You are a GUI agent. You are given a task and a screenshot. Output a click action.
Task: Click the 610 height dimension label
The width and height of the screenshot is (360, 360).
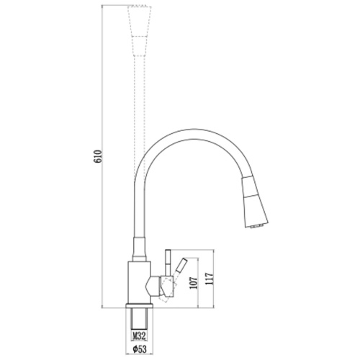point(99,156)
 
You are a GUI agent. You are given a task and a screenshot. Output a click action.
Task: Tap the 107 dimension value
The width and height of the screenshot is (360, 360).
point(194,283)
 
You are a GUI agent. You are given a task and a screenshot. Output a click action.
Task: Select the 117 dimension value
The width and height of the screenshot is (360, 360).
point(209,279)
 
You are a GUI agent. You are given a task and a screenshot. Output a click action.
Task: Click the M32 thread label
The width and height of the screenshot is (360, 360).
point(140,336)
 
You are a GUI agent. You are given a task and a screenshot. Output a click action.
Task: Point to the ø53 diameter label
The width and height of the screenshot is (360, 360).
point(140,349)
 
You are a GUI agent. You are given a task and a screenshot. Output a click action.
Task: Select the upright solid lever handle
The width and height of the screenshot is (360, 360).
point(168,263)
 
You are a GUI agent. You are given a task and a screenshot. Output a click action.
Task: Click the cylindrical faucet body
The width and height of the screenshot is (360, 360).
point(139,283)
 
